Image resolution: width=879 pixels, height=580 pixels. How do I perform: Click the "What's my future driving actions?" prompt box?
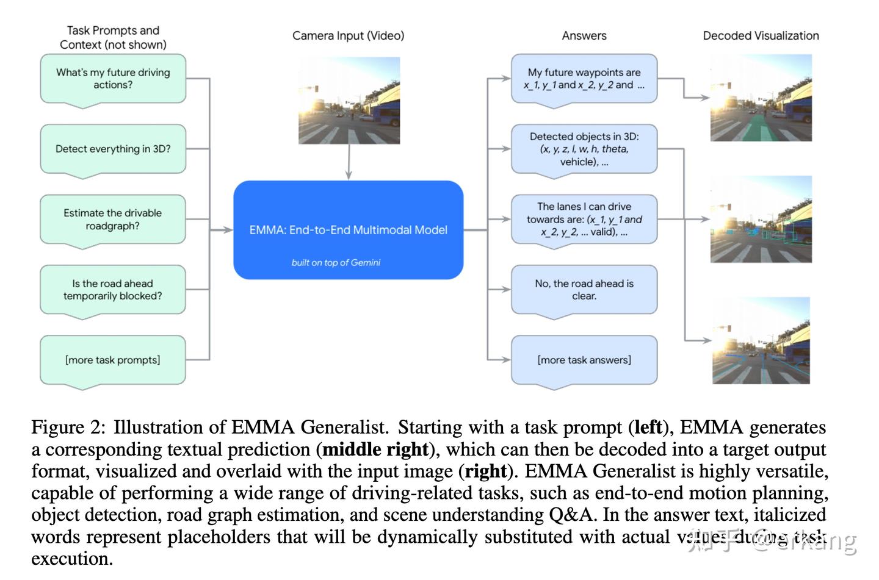[x=113, y=79]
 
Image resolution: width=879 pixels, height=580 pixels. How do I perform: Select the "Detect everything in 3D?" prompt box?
[x=113, y=149]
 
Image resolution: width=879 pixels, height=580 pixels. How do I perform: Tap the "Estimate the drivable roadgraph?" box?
[x=113, y=220]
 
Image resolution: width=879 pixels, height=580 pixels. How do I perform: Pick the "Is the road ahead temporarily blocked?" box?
[x=113, y=290]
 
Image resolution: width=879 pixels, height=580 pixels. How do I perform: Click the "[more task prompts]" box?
[x=113, y=360]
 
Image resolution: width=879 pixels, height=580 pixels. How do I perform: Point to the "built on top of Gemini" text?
[x=336, y=263]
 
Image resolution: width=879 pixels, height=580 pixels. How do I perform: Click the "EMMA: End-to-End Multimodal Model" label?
[x=348, y=230]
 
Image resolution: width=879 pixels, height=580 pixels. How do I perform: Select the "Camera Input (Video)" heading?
[x=348, y=36]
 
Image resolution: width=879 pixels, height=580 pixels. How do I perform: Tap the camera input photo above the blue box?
[x=349, y=101]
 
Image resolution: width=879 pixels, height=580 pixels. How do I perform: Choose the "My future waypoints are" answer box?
[x=584, y=79]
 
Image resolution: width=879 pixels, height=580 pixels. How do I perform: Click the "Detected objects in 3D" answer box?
[x=584, y=149]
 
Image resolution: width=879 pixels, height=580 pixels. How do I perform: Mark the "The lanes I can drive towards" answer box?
[x=584, y=220]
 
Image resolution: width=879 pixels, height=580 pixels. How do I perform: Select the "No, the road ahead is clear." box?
[x=584, y=290]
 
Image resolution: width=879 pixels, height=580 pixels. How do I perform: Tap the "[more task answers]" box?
[x=584, y=360]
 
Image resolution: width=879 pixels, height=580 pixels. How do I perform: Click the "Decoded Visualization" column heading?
[x=761, y=36]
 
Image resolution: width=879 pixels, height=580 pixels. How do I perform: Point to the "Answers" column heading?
[x=584, y=36]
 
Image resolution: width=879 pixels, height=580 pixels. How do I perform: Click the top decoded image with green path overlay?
[x=761, y=98]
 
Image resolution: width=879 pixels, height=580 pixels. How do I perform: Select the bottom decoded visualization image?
[x=761, y=340]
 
